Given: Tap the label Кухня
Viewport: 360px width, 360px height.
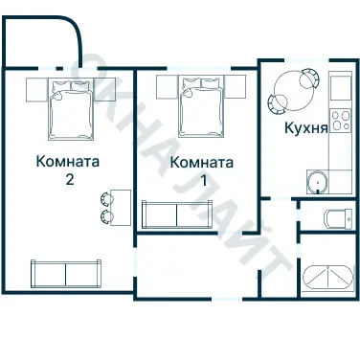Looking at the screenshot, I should [x=306, y=127].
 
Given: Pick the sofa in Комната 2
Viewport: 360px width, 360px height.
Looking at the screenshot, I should [x=64, y=274].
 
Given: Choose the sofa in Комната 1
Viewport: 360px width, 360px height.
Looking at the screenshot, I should [x=173, y=213].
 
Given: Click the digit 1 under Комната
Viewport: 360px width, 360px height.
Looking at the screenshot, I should [x=202, y=180].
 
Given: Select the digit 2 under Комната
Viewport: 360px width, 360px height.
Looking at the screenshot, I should [x=66, y=178].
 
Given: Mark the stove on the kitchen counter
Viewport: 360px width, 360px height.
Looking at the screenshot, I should [x=340, y=89].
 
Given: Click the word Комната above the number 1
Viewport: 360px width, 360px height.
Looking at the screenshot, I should [x=201, y=163].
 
